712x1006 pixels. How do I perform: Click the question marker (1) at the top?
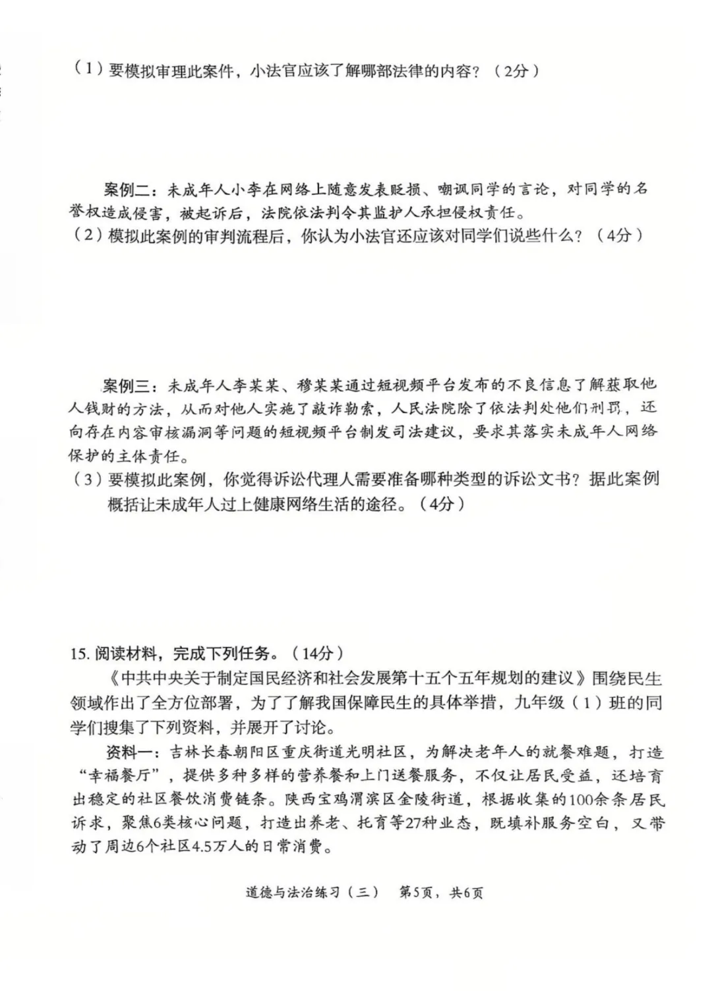tap(86, 70)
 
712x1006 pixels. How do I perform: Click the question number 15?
tap(78, 654)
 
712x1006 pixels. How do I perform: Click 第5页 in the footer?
tap(417, 893)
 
